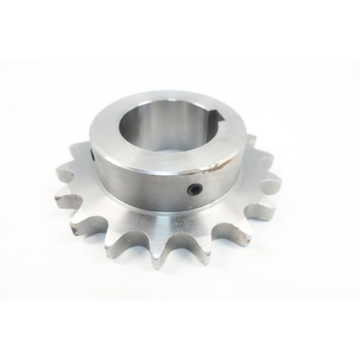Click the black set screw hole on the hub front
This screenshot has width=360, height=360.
[195, 189]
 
